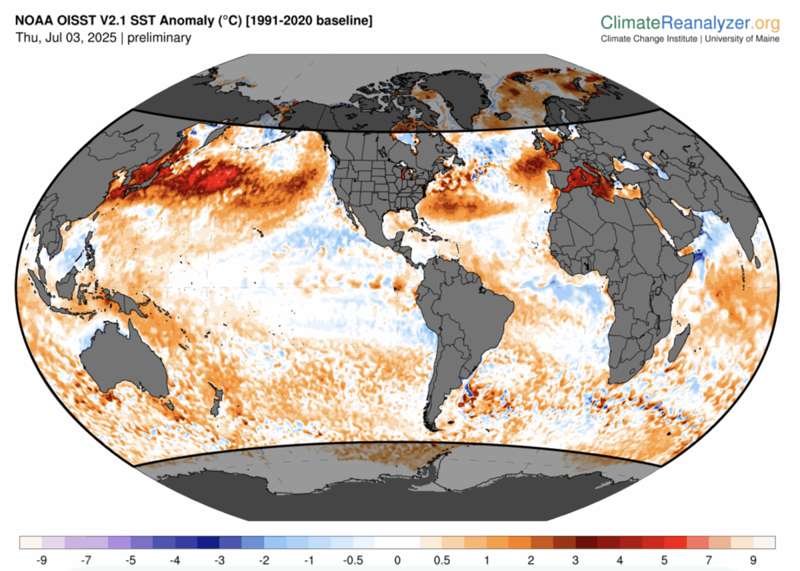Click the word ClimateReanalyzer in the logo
click(674, 23)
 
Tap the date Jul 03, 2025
click(79, 38)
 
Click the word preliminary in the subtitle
click(159, 38)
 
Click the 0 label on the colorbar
click(397, 559)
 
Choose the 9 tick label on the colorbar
click(754, 559)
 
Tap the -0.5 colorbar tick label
click(353, 559)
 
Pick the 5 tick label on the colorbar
click(665, 559)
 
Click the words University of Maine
click(741, 39)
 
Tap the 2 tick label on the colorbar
click(531, 559)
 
